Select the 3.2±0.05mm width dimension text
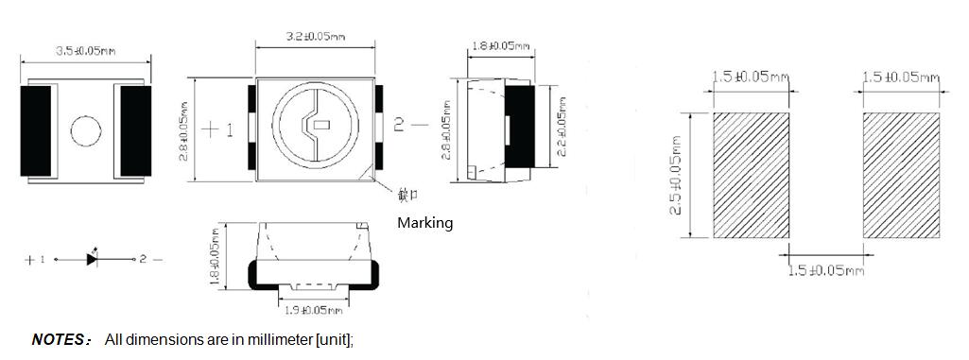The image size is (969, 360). pos(315,37)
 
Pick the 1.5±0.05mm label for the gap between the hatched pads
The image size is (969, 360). pos(826,271)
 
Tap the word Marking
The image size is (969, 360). pos(424,223)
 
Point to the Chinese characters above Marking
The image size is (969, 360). pos(407,196)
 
